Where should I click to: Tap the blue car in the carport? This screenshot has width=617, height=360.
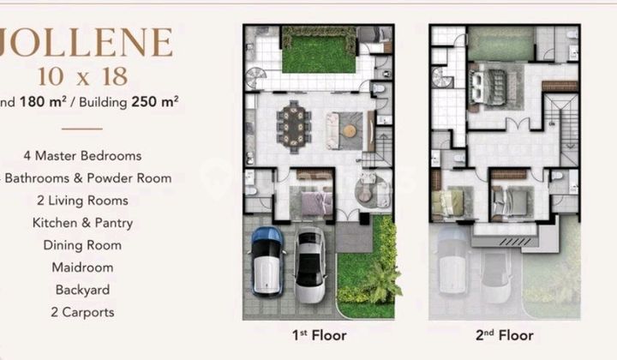point(267,260)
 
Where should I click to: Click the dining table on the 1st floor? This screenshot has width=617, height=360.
point(294,122)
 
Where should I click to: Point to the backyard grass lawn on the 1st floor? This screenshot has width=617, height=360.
point(318,51)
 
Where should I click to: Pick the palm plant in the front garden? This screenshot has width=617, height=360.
point(382,280)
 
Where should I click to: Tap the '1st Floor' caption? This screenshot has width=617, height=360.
point(320,335)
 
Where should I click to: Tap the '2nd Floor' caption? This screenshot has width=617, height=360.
point(506,335)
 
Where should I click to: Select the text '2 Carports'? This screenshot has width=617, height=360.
point(82,312)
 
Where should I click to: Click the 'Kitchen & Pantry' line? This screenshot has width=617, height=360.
point(82,223)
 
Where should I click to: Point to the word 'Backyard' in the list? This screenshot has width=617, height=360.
point(82,290)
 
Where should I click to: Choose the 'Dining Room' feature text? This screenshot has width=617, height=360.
point(82,245)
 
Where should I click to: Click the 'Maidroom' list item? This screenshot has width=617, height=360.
point(82,267)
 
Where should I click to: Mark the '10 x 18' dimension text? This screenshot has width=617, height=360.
point(83,76)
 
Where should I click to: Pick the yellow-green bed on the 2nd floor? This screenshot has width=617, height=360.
point(449,202)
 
